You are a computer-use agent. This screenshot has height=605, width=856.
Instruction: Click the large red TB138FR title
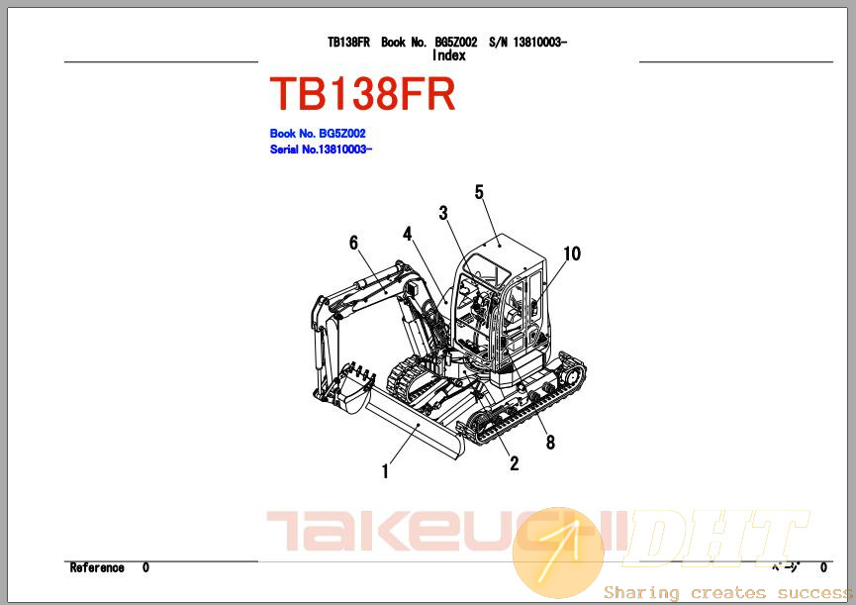(362, 94)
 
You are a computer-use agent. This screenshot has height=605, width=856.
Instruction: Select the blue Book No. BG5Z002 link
(318, 134)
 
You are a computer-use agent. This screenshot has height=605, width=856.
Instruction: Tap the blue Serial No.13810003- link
(321, 150)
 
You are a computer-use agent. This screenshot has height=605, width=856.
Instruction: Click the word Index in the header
(448, 55)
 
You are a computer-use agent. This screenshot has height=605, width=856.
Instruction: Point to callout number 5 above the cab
(479, 192)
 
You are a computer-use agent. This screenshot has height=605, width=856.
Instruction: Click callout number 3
(443, 213)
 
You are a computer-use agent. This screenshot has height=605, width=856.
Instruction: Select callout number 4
(408, 234)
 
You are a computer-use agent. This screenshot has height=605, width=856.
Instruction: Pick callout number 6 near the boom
(353, 243)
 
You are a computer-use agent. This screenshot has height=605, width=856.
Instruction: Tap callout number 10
(572, 253)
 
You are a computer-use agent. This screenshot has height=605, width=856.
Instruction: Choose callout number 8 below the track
(550, 443)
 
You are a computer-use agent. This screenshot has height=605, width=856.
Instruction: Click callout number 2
(515, 463)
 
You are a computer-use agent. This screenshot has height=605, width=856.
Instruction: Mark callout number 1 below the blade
(385, 471)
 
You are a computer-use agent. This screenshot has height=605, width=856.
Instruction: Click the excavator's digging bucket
(352, 388)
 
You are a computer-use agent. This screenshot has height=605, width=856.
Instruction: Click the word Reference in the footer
(97, 568)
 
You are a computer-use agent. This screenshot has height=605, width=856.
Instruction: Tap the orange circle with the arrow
(558, 553)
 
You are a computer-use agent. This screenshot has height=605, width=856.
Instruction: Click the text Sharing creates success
(727, 592)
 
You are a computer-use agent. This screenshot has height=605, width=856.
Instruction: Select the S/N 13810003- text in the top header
(527, 42)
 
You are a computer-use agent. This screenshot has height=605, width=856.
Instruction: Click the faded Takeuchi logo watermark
(445, 531)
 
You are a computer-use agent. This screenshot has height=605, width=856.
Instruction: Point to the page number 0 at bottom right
(823, 568)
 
